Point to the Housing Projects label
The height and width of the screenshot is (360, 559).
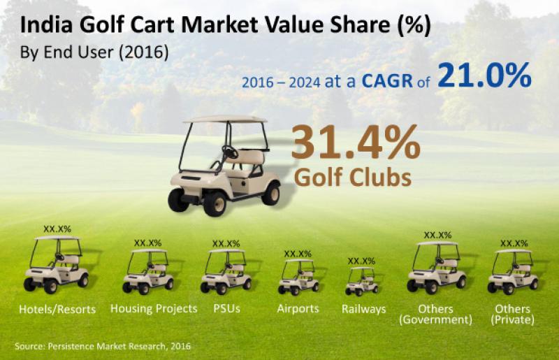click(x=154, y=308)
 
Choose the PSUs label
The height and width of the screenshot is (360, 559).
click(x=227, y=308)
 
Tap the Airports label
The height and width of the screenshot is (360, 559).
click(x=298, y=308)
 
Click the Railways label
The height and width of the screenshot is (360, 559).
click(x=363, y=308)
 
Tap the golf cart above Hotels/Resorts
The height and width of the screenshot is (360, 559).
click(x=56, y=264)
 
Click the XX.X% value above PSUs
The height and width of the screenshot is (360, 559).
click(x=226, y=243)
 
